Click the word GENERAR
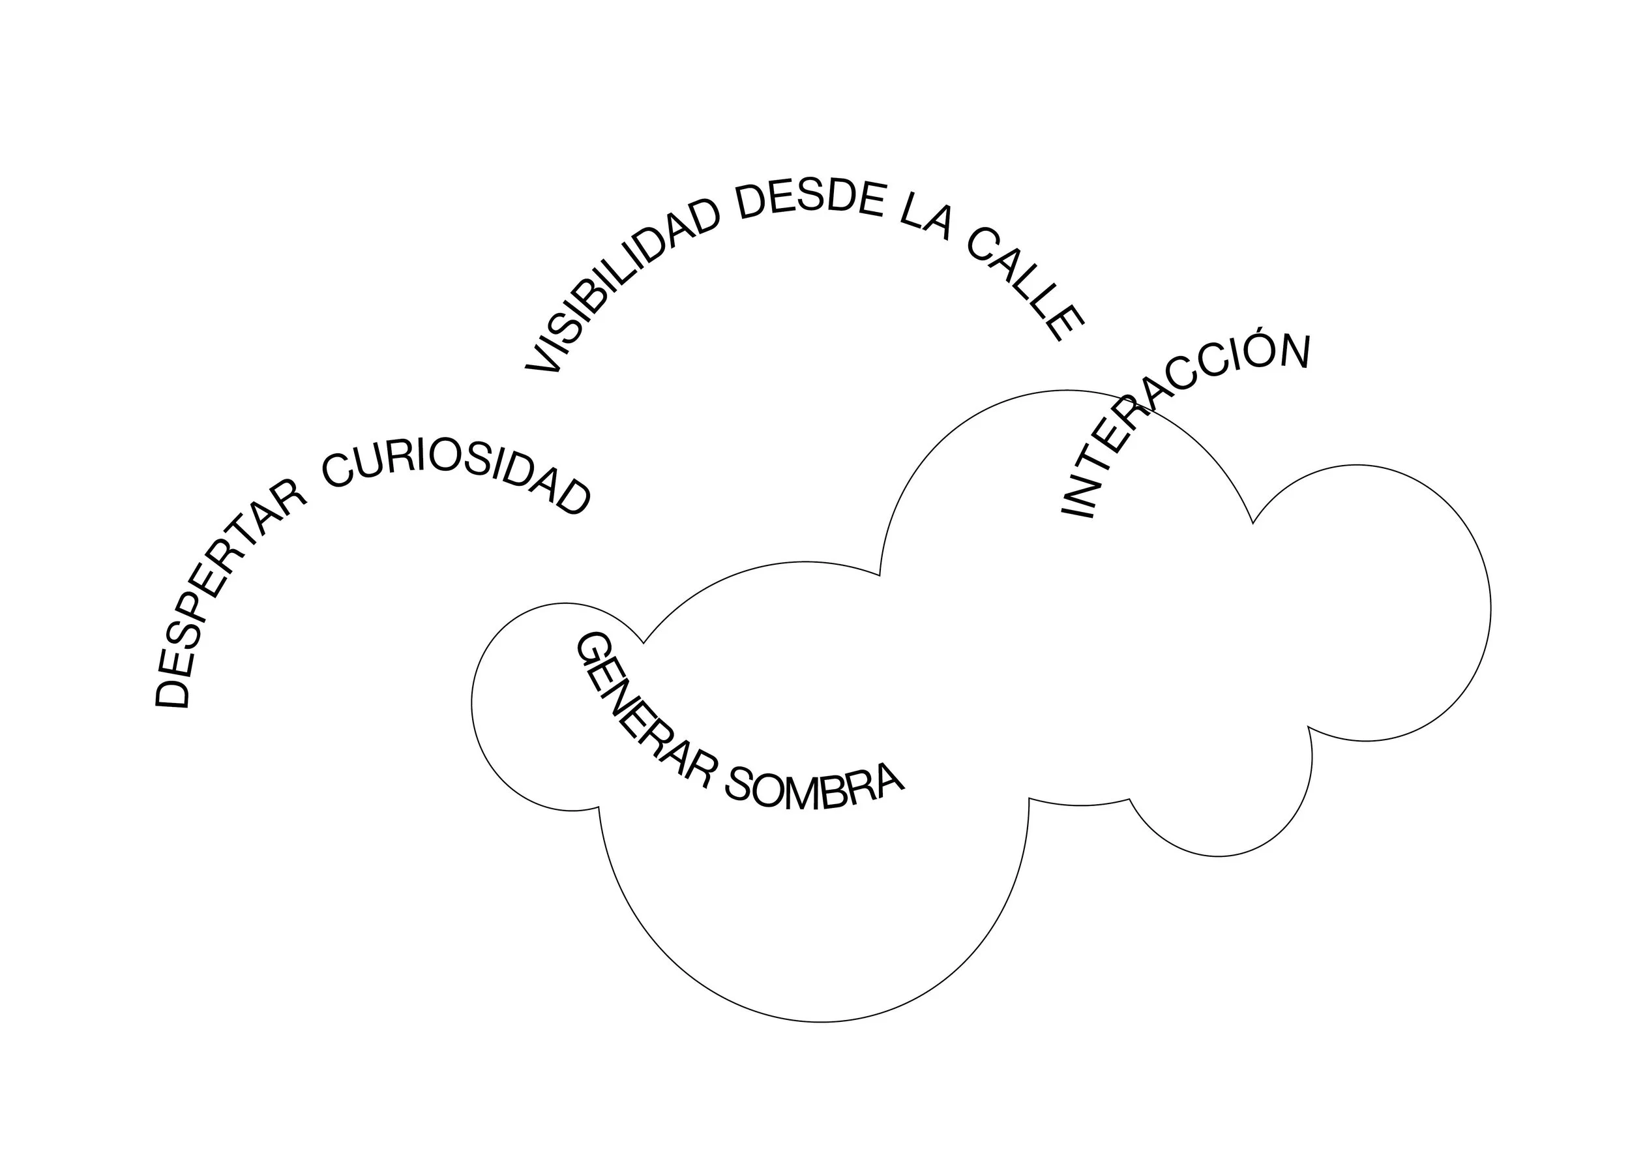click(639, 717)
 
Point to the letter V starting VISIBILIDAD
click(543, 359)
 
